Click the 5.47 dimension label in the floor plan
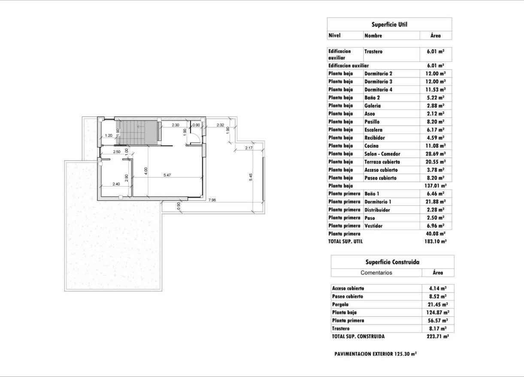168,175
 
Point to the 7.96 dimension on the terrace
212,200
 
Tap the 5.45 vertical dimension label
251,177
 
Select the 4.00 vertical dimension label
146,171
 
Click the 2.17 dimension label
248,148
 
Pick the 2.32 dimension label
220,125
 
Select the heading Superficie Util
389,25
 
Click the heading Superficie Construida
392,262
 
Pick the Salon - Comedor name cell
382,154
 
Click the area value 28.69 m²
436,154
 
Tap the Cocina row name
371,146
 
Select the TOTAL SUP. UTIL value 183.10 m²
436,242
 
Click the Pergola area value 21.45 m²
438,304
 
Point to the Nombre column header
373,36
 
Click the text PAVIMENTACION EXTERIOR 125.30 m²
376,354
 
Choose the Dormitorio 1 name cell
378,202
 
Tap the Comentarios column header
376,273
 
